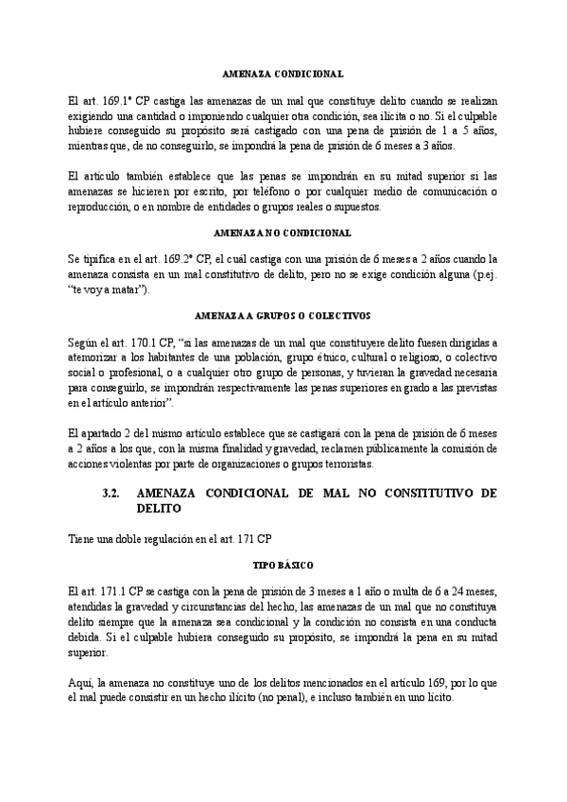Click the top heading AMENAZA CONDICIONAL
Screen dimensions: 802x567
click(283, 73)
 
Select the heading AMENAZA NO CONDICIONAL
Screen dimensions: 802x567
click(283, 232)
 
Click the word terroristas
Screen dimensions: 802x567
click(347, 464)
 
